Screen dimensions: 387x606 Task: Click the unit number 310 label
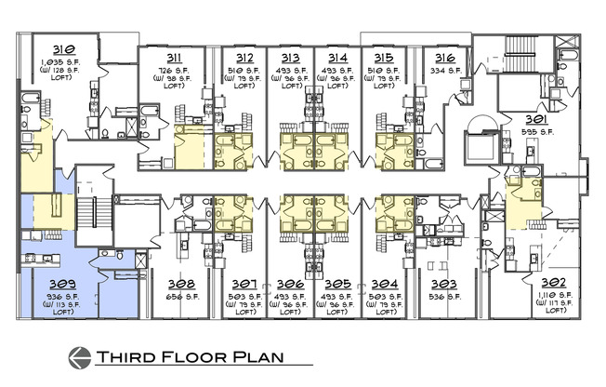(x=64, y=49)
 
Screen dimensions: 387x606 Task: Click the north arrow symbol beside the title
(x=80, y=357)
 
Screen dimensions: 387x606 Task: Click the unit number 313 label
(x=290, y=58)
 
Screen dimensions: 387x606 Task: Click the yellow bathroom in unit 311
(x=192, y=147)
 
